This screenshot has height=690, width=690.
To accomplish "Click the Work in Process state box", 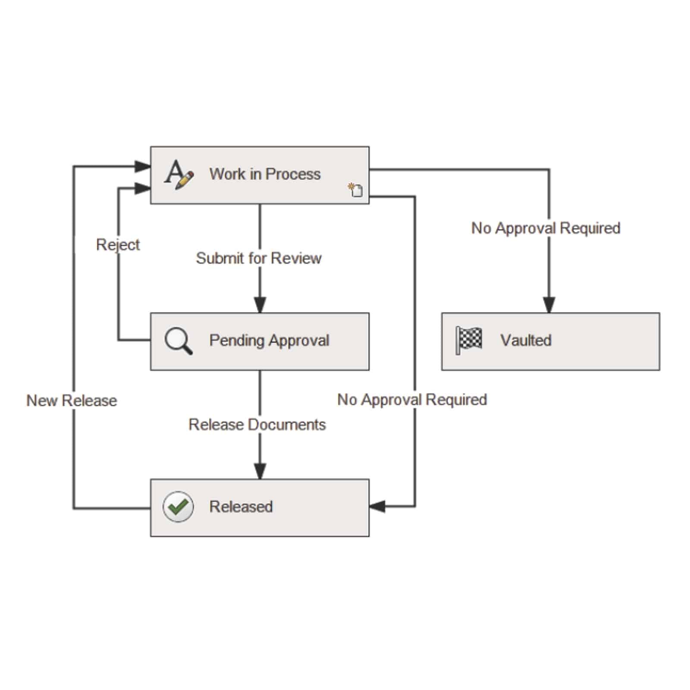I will pyautogui.click(x=260, y=175).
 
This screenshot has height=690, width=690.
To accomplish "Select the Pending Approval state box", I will pyautogui.click(x=260, y=341).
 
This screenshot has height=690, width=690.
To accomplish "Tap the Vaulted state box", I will pyautogui.click(x=550, y=341).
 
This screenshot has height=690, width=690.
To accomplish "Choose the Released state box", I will pyautogui.click(x=260, y=508).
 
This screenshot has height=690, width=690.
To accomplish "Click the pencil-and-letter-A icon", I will pyautogui.click(x=179, y=174).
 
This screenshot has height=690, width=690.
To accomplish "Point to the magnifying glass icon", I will pyautogui.click(x=178, y=341).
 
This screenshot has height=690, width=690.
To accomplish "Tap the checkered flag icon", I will pyautogui.click(x=469, y=340).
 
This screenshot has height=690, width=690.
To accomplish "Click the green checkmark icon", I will pyautogui.click(x=178, y=507).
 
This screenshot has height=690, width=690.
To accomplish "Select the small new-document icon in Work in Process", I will pyautogui.click(x=356, y=190).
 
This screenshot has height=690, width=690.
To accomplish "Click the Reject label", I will pyautogui.click(x=118, y=245).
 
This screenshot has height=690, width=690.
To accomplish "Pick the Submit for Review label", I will pyautogui.click(x=259, y=258).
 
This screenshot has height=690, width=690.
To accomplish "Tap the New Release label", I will pyautogui.click(x=72, y=401).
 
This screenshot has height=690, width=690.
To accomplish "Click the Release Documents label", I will pyautogui.click(x=257, y=425).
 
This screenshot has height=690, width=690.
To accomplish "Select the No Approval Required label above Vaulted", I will pyautogui.click(x=546, y=228).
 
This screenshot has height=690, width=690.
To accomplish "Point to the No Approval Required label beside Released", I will pyautogui.click(x=412, y=400).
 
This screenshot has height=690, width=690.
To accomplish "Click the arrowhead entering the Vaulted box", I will pyautogui.click(x=549, y=305).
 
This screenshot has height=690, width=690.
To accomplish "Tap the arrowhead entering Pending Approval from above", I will pyautogui.click(x=260, y=305).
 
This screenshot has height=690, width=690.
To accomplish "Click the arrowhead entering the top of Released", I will pyautogui.click(x=260, y=471).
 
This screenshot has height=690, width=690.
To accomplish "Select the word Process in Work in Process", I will pyautogui.click(x=293, y=174).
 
